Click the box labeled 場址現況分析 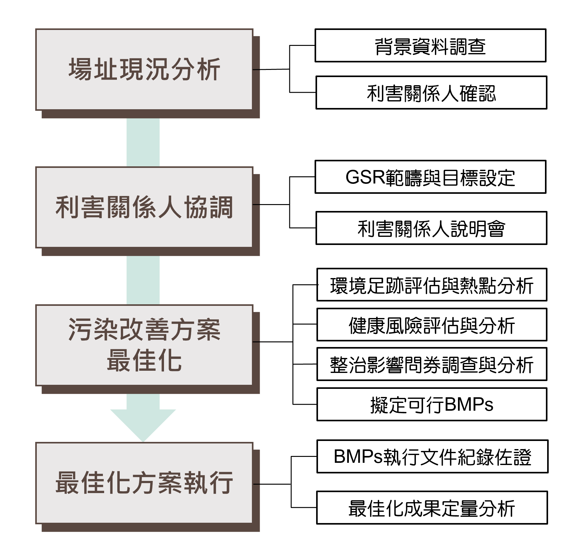[x=144, y=69]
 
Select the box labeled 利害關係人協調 [x=144, y=207]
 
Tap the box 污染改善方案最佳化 [x=144, y=345]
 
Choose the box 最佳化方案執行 [x=144, y=483]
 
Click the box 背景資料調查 [x=430, y=46]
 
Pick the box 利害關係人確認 [x=431, y=92]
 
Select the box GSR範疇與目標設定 [x=430, y=177]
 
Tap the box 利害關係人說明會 [x=431, y=228]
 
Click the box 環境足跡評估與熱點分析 [x=432, y=285]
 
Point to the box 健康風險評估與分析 [x=432, y=325]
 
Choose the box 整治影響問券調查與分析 [x=432, y=364]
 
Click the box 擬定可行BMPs [x=432, y=404]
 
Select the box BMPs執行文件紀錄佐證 [x=432, y=457]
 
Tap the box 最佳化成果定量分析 [x=432, y=508]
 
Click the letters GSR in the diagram [x=365, y=177]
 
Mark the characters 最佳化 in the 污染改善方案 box [x=144, y=360]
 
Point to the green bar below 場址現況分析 [x=143, y=142]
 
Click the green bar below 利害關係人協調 [x=143, y=280]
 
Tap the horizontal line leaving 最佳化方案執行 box [x=272, y=484]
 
